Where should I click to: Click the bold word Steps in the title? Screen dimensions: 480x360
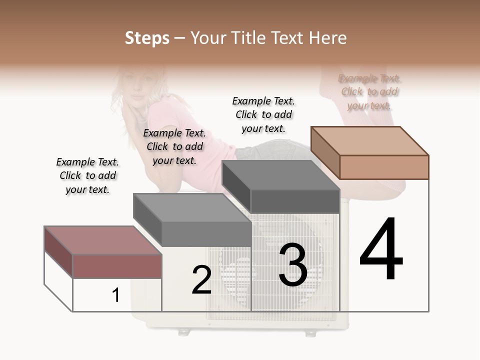click(147, 38)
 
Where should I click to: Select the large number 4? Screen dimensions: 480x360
click(381, 249)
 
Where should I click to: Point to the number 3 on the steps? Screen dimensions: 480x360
click(293, 265)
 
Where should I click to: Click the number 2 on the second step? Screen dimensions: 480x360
click(201, 280)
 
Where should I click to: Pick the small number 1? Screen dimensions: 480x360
click(115, 295)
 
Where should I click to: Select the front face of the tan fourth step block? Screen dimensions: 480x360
click(384, 167)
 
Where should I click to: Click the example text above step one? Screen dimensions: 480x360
click(87, 176)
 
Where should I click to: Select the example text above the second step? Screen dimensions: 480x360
click(174, 146)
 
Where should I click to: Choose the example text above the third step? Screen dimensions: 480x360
click(263, 114)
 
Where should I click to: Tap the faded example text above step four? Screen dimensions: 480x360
click(369, 92)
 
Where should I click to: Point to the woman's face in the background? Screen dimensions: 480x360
click(137, 90)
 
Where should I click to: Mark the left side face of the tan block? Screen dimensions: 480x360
click(325, 152)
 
